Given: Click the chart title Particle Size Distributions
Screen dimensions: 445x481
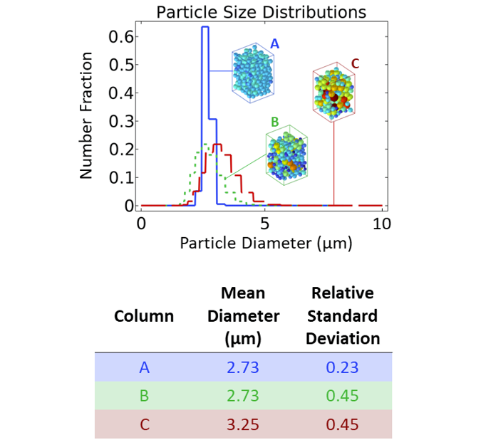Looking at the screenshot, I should pyautogui.click(x=261, y=12).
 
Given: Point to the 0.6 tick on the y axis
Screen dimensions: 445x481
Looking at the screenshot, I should pyautogui.click(x=119, y=36).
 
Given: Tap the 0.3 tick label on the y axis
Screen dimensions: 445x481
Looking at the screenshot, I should pyautogui.click(x=119, y=121).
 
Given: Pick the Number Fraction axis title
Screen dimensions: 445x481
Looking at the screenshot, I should pyautogui.click(x=86, y=115).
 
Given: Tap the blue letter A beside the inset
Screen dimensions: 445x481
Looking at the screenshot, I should pyautogui.click(x=274, y=44).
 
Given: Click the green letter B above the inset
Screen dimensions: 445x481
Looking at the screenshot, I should pyautogui.click(x=273, y=122).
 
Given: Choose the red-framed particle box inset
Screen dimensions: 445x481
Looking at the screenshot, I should pyautogui.click(x=333, y=91).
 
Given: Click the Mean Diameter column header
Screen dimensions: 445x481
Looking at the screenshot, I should pyautogui.click(x=243, y=316).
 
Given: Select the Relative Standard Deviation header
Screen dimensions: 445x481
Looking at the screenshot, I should pyautogui.click(x=343, y=316).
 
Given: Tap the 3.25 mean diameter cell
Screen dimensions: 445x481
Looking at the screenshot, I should pyautogui.click(x=243, y=425).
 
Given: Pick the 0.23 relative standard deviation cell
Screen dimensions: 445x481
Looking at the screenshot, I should pyautogui.click(x=343, y=367).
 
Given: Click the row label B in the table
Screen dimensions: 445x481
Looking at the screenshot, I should pyautogui.click(x=144, y=397).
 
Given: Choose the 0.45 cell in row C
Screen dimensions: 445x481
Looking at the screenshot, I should pyautogui.click(x=343, y=425).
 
